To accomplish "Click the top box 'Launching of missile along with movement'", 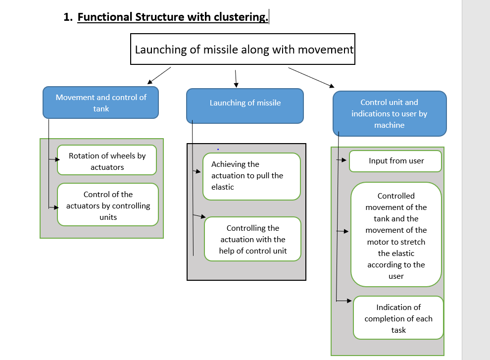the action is click(x=243, y=49).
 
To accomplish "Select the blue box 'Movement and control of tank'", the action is click(x=100, y=103).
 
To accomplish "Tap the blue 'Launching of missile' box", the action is click(x=245, y=105).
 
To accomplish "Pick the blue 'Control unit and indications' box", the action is click(x=390, y=113).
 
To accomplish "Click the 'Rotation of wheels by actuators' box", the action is click(x=107, y=160).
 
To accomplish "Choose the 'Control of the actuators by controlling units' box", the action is click(x=108, y=205).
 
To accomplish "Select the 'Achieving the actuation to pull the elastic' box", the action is click(x=251, y=176).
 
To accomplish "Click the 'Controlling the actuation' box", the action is click(x=252, y=239).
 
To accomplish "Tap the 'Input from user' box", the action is click(x=395, y=161).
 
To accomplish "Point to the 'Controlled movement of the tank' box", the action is click(x=396, y=235).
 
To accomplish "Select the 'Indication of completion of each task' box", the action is click(x=398, y=318).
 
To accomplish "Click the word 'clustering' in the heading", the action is click(x=241, y=17).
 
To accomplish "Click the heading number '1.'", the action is click(x=68, y=17).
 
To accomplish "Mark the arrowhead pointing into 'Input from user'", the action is click(x=344, y=160).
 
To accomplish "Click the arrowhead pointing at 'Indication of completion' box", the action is click(x=349, y=301).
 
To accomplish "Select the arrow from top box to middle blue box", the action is click(x=236, y=79).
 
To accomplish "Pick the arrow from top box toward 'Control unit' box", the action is click(x=311, y=78).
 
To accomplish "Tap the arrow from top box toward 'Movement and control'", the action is click(x=159, y=76).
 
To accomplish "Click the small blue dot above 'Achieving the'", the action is click(x=218, y=150).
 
